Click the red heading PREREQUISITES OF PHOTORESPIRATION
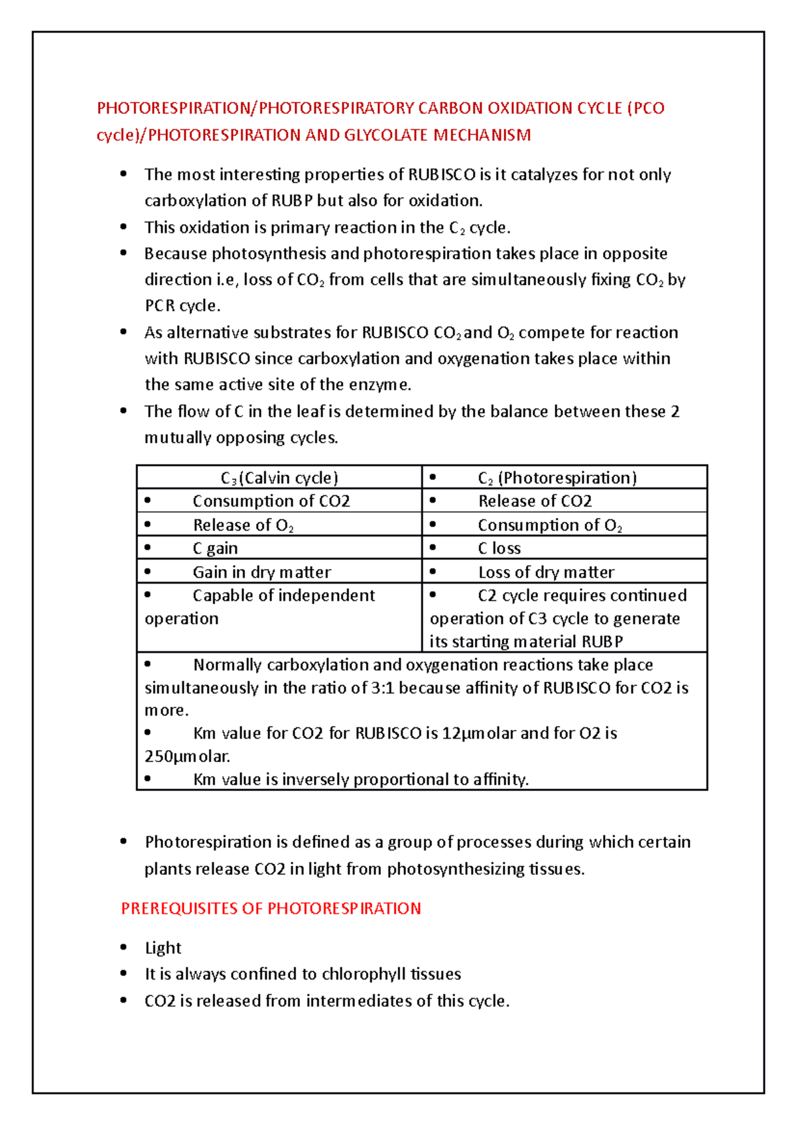coord(271,908)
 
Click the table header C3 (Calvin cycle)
coord(279,478)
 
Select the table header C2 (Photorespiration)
coord(557,478)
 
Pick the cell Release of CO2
coord(535,501)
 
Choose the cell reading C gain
coord(215,548)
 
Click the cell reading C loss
coord(499,548)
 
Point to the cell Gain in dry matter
coord(261,572)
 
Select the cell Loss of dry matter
coord(546,572)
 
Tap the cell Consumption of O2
coord(549,525)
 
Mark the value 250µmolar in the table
coord(187,757)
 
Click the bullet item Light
coord(163,948)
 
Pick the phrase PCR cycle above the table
coord(182,306)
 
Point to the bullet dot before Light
coord(123,947)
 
